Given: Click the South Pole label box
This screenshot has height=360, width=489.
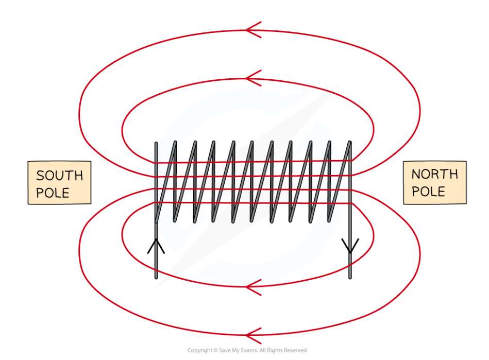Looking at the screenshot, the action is (60, 183).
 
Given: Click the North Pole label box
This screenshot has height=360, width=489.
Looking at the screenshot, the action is (435, 183).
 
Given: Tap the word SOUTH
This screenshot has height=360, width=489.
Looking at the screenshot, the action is (60, 176).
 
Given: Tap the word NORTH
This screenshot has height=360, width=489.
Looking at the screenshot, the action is (435, 174).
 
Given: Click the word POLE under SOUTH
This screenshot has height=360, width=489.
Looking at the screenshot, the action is (53, 193).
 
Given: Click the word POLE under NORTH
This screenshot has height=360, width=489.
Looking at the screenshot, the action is (428, 192).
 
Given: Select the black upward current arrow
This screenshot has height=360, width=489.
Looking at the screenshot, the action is (156, 246).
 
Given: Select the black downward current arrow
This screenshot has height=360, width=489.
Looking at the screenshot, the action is (350, 246).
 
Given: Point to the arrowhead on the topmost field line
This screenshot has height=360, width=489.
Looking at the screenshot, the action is (253, 30).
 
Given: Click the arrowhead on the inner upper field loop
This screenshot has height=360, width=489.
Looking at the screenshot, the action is (253, 78).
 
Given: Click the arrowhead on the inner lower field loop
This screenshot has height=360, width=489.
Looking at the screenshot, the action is (253, 287).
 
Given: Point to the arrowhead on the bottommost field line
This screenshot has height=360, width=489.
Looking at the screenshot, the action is (253, 335).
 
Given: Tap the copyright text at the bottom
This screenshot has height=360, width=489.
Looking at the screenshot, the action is (247, 350).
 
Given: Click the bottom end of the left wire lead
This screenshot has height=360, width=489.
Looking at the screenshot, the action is (156, 278).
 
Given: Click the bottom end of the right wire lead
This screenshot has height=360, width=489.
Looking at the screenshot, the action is (350, 278).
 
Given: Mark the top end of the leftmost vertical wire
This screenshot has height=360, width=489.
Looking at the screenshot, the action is (156, 143).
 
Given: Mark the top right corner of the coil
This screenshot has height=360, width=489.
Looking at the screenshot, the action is (350, 142).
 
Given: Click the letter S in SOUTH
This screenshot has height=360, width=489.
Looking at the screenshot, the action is (40, 176).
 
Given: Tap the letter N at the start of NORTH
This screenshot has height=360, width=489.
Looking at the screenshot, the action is (416, 174).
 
